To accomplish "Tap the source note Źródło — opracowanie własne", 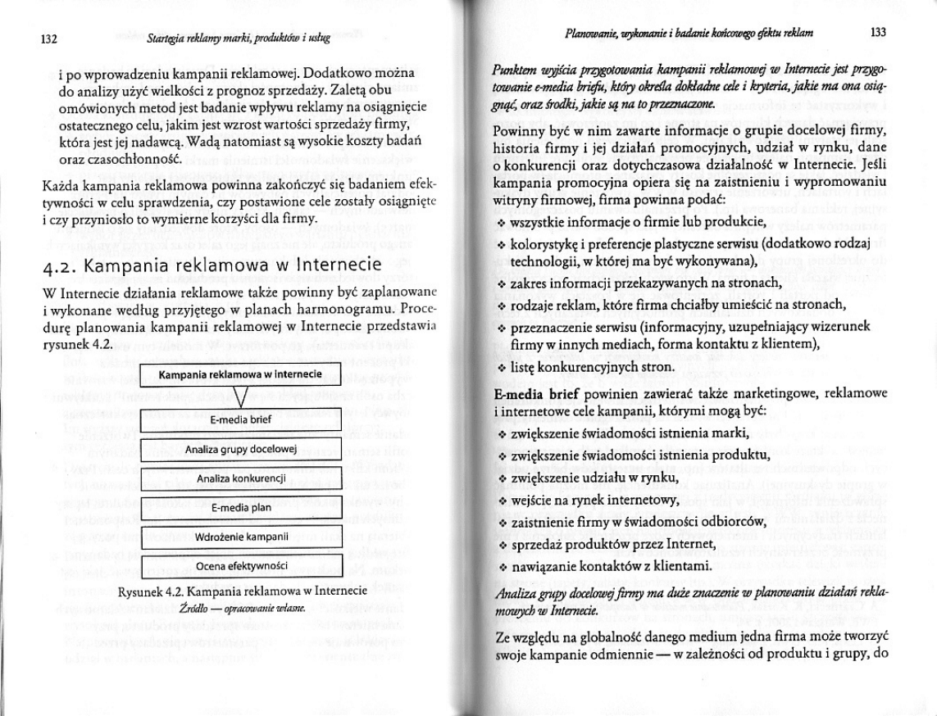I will point(241,609).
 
